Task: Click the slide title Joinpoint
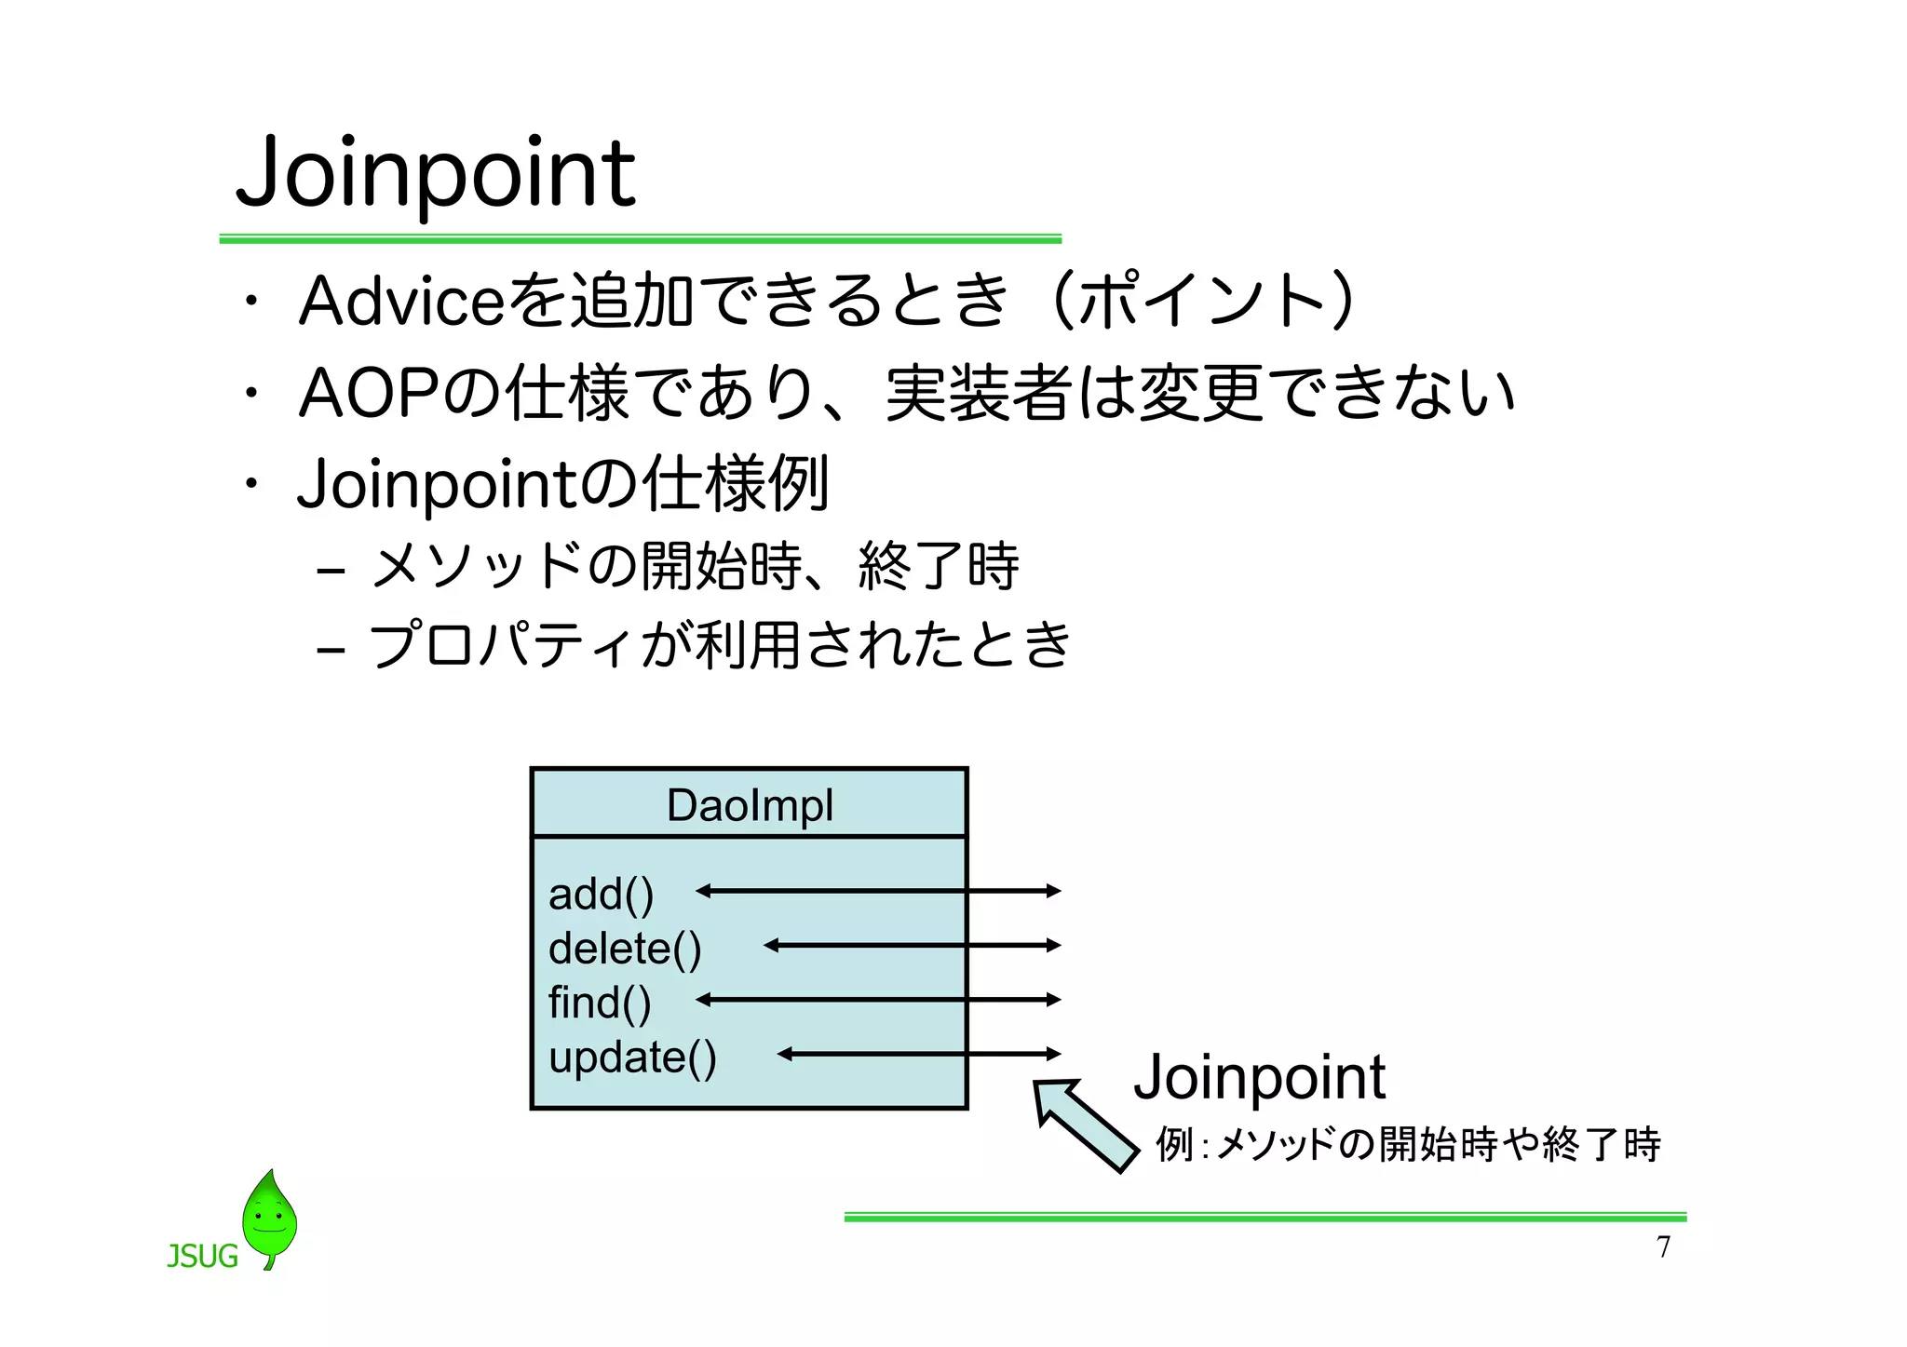coord(436,173)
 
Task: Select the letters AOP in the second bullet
coord(369,393)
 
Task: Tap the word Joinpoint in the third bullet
coord(438,484)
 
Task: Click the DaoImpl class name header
coord(750,804)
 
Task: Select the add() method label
coord(601,894)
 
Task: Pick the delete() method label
coord(625,949)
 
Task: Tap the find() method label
coord(600,1003)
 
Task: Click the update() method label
coord(632,1057)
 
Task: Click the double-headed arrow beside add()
coord(877,891)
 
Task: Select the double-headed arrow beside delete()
coord(912,945)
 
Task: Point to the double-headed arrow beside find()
coord(877,1000)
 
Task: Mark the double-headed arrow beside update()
coord(918,1054)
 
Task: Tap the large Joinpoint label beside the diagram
coord(1259,1077)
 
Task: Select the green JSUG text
coord(202,1257)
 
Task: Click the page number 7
coord(1663,1247)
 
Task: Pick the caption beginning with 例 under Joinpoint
coord(1407,1144)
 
